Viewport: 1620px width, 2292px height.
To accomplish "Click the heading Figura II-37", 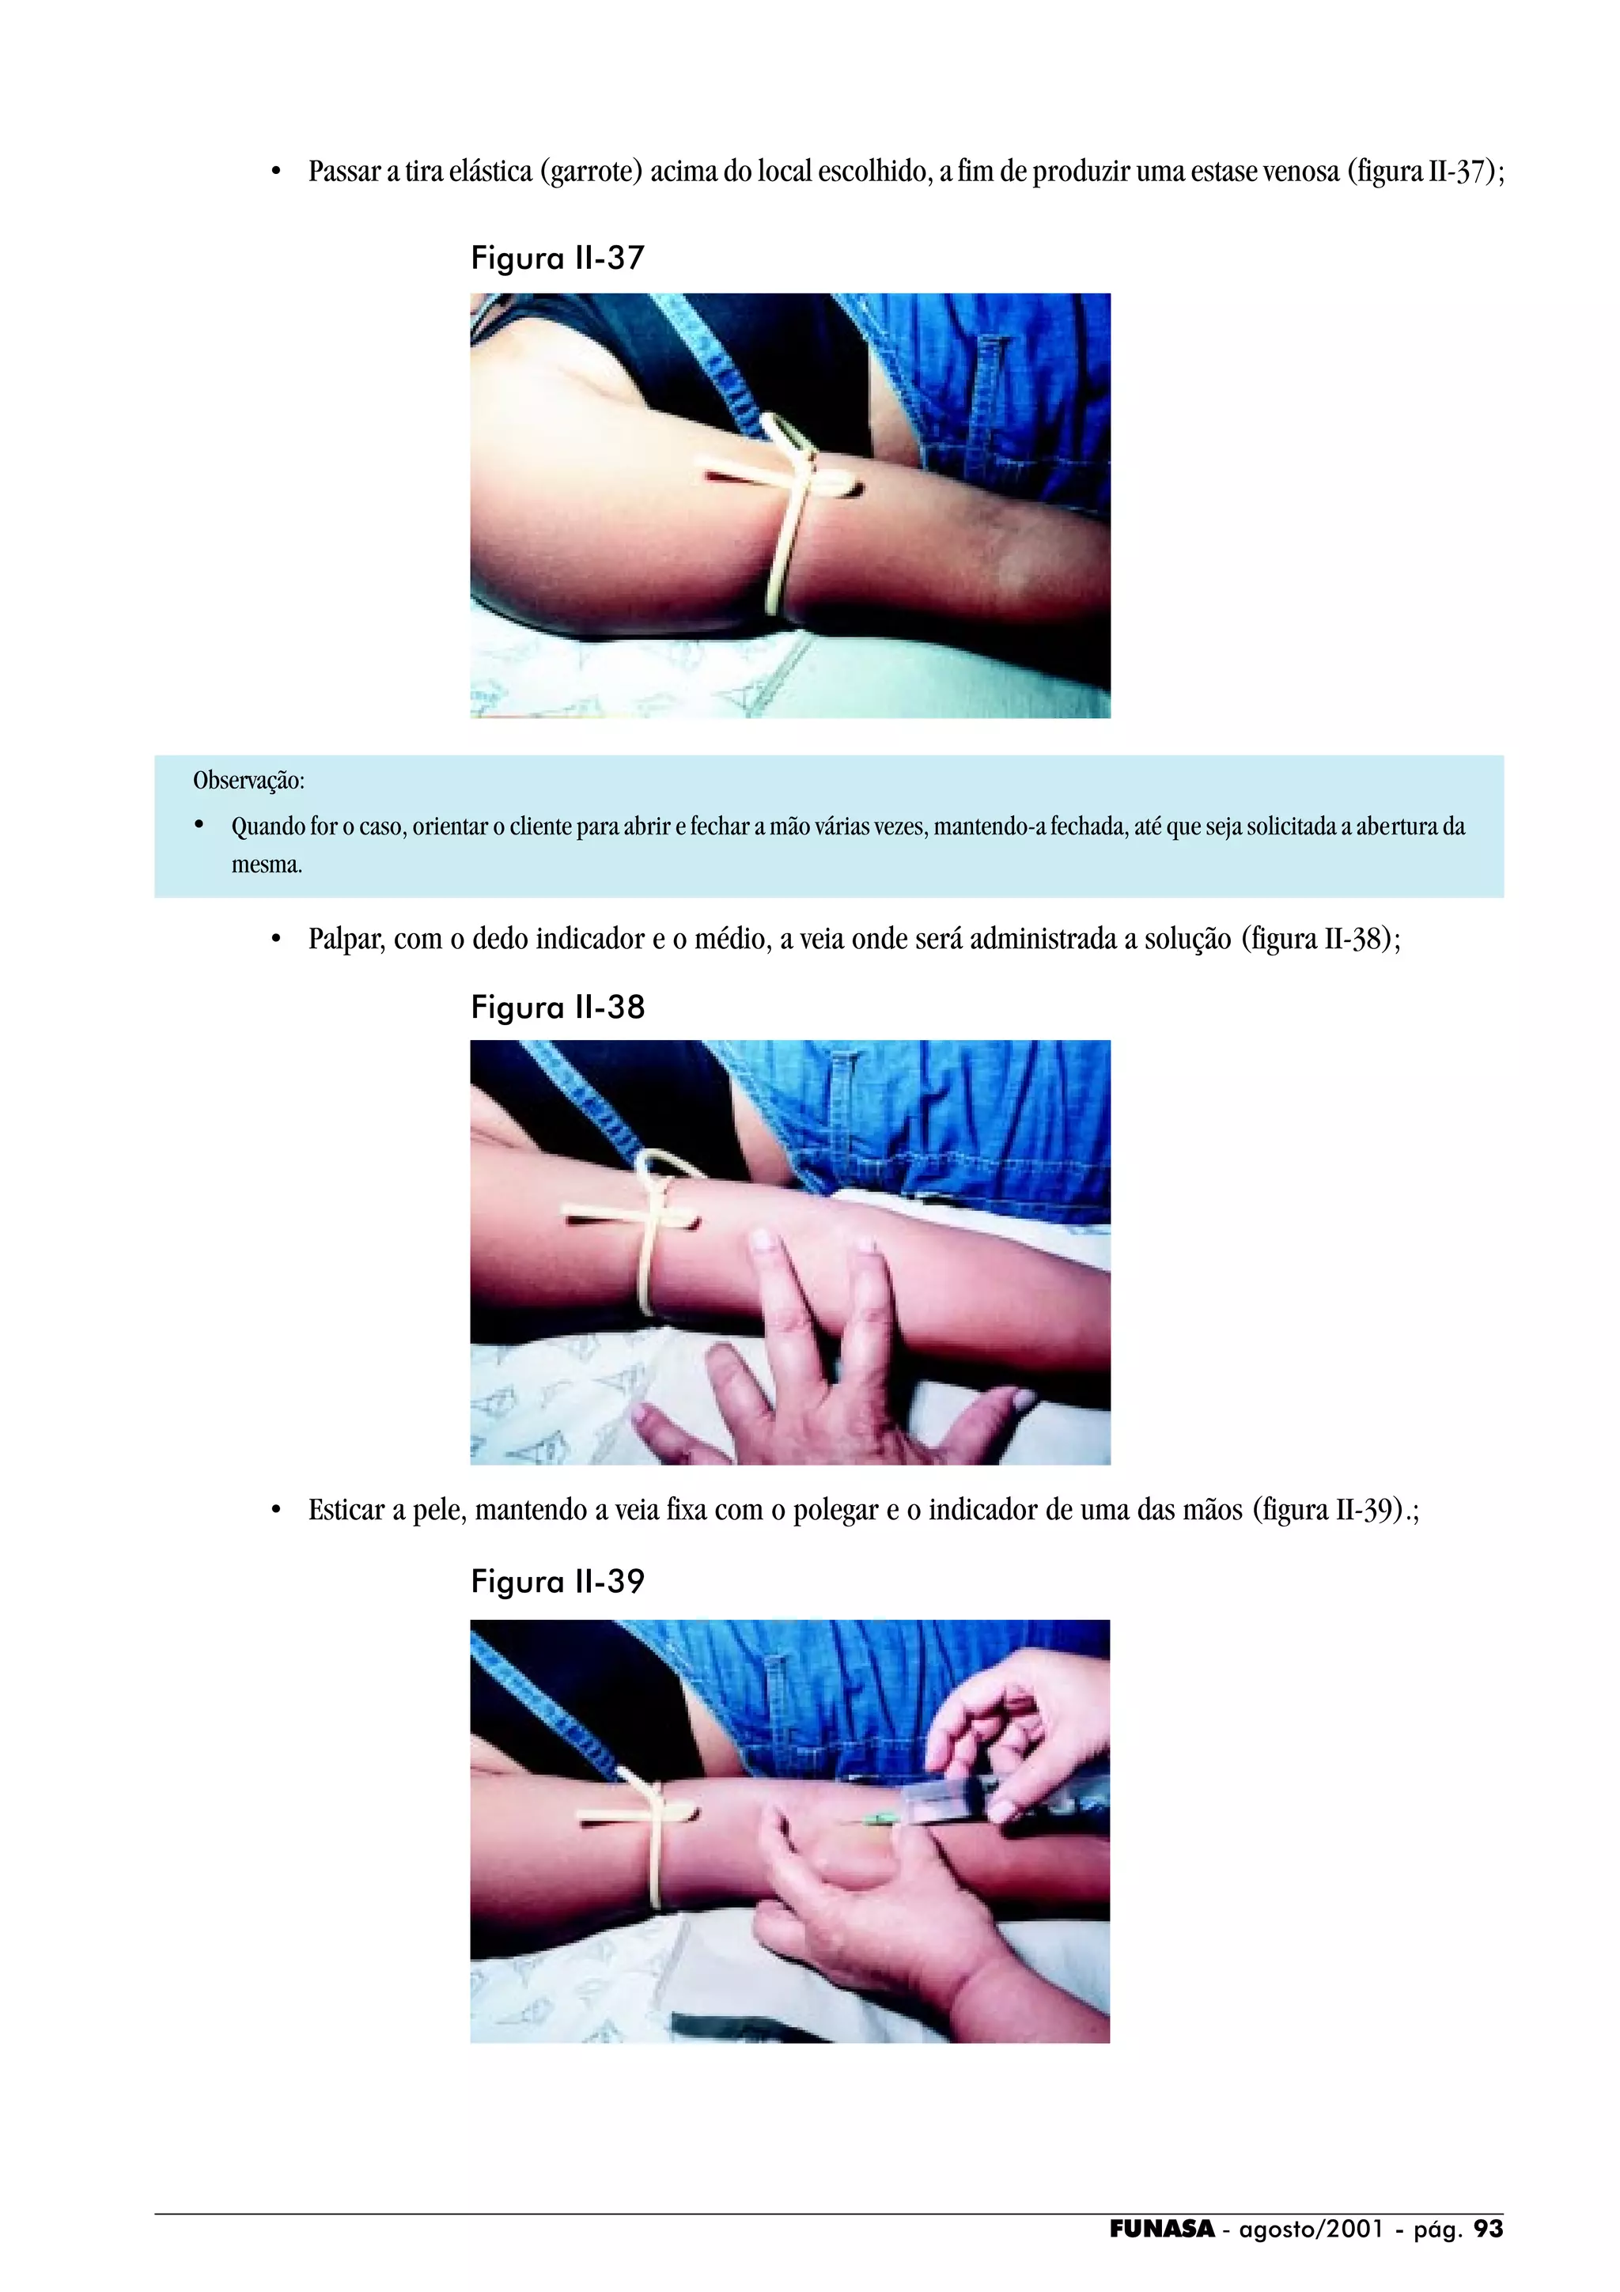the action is [557, 259].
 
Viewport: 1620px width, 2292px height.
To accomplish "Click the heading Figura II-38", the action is [558, 1008].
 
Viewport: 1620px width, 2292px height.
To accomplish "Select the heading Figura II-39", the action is [558, 1581].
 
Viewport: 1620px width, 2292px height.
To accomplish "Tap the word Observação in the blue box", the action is [248, 781].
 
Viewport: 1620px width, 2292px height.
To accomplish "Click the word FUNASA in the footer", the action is [1162, 2229].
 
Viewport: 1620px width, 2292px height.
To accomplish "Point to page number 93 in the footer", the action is [1487, 2229].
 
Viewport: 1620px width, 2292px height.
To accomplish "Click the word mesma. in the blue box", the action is [267, 864].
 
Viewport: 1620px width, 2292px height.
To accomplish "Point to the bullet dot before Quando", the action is [199, 825].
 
